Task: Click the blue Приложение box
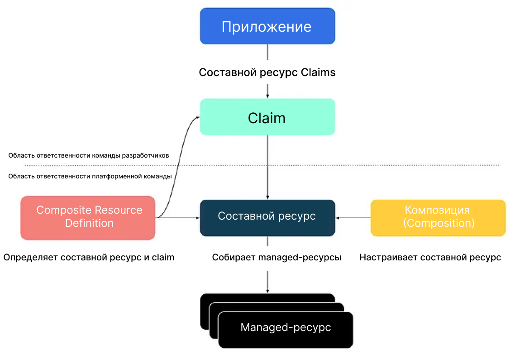pyautogui.click(x=267, y=26)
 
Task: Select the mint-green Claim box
pyautogui.click(x=267, y=117)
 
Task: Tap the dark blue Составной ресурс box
pyautogui.click(x=267, y=217)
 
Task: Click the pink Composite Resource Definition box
pyautogui.click(x=88, y=217)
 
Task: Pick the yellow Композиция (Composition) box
pyautogui.click(x=438, y=217)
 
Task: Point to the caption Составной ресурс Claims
pyautogui.click(x=267, y=72)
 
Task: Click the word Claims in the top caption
pyautogui.click(x=318, y=72)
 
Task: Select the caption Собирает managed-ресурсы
pyautogui.click(x=277, y=258)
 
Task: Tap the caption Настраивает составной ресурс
pyautogui.click(x=430, y=258)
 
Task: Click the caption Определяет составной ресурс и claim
pyautogui.click(x=89, y=258)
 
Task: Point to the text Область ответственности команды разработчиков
pyautogui.click(x=89, y=155)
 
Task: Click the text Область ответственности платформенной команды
pyautogui.click(x=90, y=177)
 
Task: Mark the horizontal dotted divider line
pyautogui.click(x=362, y=165)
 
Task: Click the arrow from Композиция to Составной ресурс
pyautogui.click(x=353, y=218)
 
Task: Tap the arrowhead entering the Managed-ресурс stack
pyautogui.click(x=267, y=290)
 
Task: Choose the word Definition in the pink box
pyautogui.click(x=89, y=223)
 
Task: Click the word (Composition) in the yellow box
pyautogui.click(x=438, y=223)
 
